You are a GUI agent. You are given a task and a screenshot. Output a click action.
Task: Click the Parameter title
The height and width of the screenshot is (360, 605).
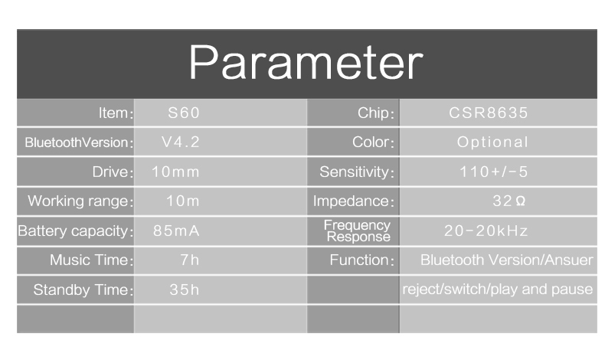coord(306,63)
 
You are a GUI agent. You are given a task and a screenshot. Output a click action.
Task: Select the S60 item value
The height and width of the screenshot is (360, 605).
coord(184,113)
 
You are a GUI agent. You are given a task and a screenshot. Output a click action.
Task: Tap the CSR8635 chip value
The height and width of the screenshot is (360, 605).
coord(488,113)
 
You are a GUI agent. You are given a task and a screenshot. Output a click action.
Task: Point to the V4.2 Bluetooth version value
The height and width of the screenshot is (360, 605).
coord(181,142)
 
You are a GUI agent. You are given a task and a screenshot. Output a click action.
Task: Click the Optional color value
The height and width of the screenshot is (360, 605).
coord(492,142)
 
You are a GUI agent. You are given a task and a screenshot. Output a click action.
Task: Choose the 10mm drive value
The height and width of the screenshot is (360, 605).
coord(175,172)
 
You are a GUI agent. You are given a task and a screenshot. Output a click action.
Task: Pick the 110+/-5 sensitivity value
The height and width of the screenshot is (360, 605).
coord(493,172)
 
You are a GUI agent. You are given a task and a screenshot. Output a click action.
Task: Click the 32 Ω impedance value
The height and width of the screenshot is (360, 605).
coord(509,201)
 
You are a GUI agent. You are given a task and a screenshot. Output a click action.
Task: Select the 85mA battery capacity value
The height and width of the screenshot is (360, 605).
coord(176,231)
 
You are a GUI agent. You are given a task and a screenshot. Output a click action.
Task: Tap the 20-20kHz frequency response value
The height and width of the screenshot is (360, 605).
coord(486,231)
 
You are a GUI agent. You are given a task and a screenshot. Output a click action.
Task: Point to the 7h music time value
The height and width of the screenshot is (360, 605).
coord(190,260)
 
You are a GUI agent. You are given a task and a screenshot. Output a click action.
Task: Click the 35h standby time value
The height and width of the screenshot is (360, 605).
coord(185,290)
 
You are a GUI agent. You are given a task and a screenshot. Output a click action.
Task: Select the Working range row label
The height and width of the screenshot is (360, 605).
coord(78,201)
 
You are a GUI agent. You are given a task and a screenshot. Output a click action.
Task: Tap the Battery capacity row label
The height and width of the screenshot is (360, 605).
coord(73,231)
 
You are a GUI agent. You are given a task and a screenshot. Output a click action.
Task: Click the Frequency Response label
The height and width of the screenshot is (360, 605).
coord(358,231)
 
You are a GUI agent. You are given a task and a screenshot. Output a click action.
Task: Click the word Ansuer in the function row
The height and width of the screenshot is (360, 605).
coord(569,260)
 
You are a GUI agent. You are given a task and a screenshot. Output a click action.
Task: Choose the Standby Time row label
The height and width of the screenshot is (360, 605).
coord(80,290)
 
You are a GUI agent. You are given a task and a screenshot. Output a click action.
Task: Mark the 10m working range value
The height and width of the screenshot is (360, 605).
coord(182,201)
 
